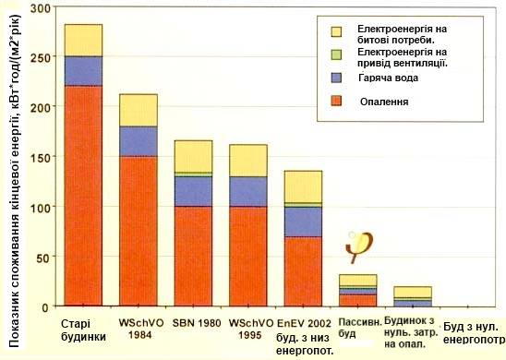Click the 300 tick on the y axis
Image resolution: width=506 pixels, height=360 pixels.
(40, 8)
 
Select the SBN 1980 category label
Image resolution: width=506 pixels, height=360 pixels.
(194, 324)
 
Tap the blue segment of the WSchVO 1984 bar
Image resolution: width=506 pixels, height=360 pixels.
(139, 140)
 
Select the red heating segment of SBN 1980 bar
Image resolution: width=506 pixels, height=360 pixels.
(194, 255)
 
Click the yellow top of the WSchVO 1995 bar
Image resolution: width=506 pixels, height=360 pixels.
(248, 161)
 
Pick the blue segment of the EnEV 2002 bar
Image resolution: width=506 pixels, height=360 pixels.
(303, 221)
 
